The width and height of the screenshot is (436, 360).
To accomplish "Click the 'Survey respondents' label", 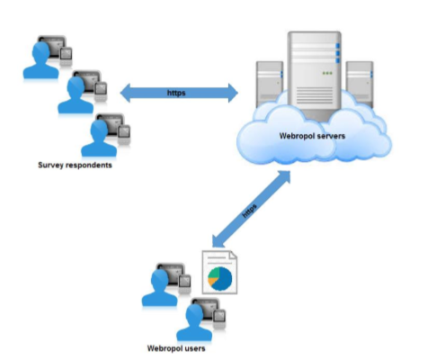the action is (75, 165).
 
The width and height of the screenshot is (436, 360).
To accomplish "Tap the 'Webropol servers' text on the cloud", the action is (312, 136).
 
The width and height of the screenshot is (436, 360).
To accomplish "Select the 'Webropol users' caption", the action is (176, 348).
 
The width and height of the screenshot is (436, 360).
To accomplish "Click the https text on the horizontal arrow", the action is (176, 93).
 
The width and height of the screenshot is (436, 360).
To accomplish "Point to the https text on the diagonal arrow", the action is (249, 211).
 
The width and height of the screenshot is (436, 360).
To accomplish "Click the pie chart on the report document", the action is (220, 279).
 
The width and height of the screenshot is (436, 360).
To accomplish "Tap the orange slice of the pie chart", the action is (212, 281).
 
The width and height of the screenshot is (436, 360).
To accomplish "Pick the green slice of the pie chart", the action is (214, 273).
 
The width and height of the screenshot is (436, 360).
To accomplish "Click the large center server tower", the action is (314, 75).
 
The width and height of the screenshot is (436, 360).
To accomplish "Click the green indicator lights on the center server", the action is (327, 73).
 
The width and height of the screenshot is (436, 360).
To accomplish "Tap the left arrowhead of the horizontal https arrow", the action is (125, 93).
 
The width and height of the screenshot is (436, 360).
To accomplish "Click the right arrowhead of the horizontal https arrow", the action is (233, 93).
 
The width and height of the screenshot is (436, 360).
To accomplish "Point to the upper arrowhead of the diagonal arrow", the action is (285, 176).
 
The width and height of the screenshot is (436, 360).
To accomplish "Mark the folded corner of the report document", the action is (233, 255).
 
